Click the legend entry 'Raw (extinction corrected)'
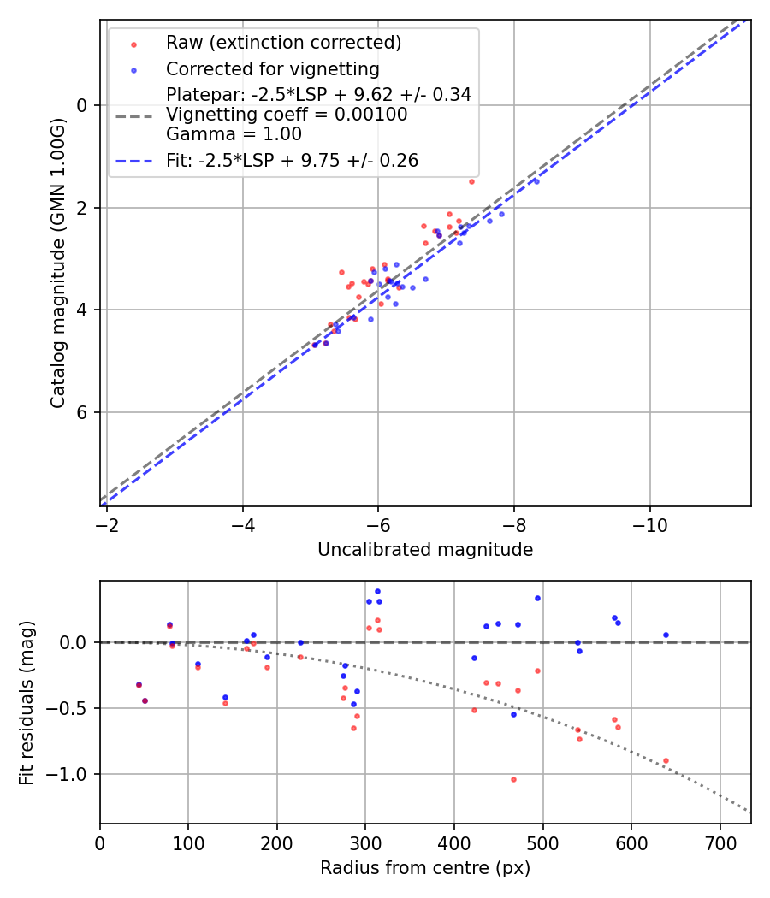[283, 43]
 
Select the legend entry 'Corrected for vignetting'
[272, 68]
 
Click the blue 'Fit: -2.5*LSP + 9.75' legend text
[292, 160]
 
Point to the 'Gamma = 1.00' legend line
[234, 134]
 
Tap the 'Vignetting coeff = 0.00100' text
[287, 115]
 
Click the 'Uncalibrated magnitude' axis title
[425, 550]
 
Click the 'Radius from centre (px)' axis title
[425, 868]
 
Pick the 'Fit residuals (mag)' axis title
[27, 703]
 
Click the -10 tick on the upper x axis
[649, 522]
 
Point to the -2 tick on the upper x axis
[107, 522]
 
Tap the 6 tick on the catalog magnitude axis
[84, 412]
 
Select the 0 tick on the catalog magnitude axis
[84, 105]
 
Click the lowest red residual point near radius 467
[513, 779]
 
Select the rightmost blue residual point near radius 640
[666, 635]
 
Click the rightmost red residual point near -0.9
[666, 760]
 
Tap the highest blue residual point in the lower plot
[377, 591]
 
